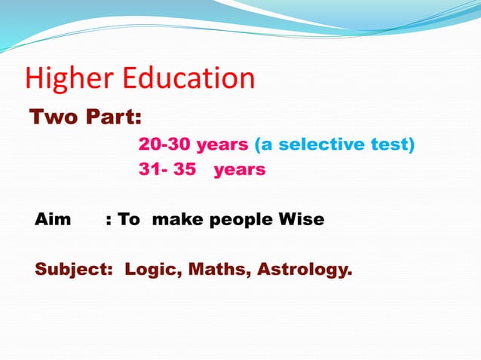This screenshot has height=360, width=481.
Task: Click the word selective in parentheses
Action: (x=320, y=144)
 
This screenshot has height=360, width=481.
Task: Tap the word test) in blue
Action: (x=391, y=144)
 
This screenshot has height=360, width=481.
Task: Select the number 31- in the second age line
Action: (x=153, y=169)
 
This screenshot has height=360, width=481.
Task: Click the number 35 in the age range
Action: (x=185, y=169)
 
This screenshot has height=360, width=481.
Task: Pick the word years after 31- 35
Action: (x=240, y=169)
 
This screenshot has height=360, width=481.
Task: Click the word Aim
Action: (x=53, y=220)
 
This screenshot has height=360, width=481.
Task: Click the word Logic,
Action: (x=150, y=270)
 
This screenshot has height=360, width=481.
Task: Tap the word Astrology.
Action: (x=305, y=270)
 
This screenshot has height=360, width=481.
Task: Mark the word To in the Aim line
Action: (x=129, y=220)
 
